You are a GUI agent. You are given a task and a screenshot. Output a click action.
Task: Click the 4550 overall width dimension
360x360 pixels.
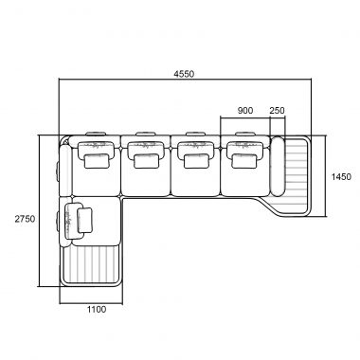pos(184,74)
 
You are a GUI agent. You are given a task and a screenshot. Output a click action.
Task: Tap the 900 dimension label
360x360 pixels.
pos(245,111)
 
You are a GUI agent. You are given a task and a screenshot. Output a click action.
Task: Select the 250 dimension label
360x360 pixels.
pos(277,111)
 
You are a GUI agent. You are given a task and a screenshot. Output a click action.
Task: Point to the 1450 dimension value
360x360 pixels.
pos(341,177)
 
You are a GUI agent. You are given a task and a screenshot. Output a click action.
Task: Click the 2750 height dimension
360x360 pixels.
pos(25,219)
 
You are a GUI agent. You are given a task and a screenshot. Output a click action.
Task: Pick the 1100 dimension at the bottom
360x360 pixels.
pos(97,310)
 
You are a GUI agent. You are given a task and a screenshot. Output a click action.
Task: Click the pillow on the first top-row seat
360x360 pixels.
pos(97,161)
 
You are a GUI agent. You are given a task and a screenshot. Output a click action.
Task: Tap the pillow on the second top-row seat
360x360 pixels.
pos(146,161)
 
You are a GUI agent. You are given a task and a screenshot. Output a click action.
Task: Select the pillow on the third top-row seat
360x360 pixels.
pos(196,161)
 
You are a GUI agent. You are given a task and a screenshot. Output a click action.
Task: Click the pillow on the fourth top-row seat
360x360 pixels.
pos(244,161)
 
